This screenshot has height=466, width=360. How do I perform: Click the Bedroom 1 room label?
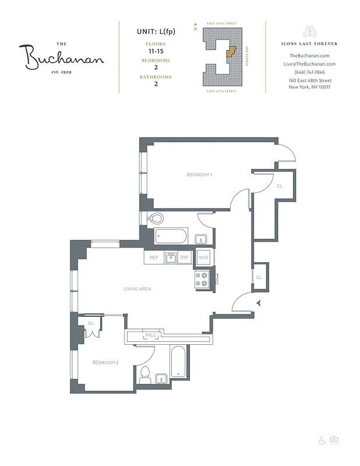(x=199, y=175)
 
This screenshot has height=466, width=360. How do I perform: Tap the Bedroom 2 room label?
(x=105, y=362)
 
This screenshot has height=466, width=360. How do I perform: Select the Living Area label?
(x=137, y=288)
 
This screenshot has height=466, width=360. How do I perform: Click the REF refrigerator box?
(x=154, y=257)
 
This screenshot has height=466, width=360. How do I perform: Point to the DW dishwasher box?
(x=184, y=257)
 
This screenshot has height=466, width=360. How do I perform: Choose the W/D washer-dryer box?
(x=203, y=257)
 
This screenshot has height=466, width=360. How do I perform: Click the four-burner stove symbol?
(x=202, y=279)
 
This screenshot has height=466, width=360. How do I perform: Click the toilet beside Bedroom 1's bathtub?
(x=155, y=219)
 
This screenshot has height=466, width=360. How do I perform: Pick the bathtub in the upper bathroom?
(x=171, y=237)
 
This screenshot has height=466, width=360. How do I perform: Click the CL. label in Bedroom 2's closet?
(x=91, y=323)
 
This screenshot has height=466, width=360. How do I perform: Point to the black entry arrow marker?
(x=259, y=302)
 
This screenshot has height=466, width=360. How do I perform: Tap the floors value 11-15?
(x=155, y=51)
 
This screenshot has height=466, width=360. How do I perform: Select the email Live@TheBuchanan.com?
(x=309, y=64)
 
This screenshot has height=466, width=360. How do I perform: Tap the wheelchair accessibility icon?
(x=322, y=440)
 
